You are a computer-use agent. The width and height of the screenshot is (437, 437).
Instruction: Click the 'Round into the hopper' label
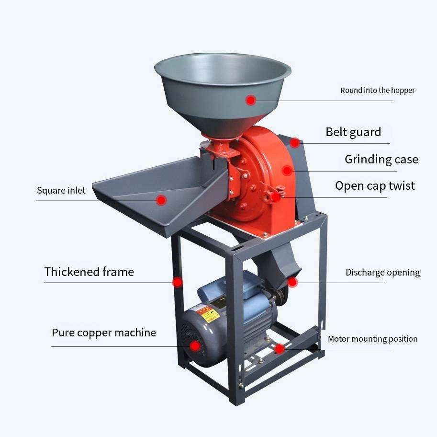[x=377, y=90]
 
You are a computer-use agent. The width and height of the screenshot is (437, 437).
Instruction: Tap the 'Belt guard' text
[x=353, y=132]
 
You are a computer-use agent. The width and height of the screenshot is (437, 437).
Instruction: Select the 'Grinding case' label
[x=381, y=160]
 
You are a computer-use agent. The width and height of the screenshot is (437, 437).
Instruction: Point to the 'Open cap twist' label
[x=375, y=186]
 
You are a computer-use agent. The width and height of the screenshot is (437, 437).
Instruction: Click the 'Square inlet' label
[x=61, y=191]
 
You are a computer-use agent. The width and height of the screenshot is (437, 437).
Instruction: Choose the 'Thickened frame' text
[x=89, y=272]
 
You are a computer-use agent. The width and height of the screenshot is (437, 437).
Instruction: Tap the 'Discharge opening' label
[x=382, y=273]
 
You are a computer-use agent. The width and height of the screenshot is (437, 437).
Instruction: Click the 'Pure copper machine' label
[x=104, y=333]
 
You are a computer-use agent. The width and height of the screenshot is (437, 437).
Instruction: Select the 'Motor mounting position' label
[x=372, y=339]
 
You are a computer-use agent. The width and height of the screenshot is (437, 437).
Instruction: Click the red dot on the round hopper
[x=251, y=100]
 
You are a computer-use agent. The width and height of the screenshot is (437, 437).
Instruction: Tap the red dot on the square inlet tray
[x=161, y=200]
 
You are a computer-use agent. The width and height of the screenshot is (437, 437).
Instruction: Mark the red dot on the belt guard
[x=295, y=142]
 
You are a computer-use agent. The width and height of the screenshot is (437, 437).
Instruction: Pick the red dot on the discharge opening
[x=292, y=282]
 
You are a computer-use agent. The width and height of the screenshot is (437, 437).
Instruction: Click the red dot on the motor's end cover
[x=194, y=346]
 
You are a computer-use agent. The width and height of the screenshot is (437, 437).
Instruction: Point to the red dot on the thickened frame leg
[x=178, y=282]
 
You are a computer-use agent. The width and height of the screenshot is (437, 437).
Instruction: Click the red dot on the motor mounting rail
[x=280, y=349]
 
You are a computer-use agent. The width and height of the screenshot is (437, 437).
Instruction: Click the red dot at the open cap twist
[x=275, y=196]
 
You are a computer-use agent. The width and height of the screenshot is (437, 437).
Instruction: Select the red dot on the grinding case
[x=287, y=170]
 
